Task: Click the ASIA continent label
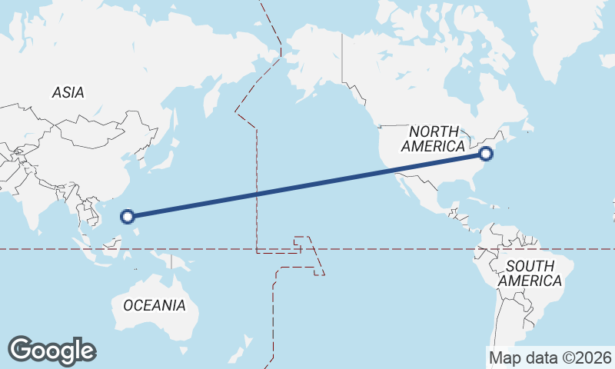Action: point(68,93)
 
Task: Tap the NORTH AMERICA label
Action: point(434,138)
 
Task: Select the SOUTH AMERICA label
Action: point(530,274)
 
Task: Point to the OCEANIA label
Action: point(154,305)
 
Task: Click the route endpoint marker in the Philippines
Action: point(128,217)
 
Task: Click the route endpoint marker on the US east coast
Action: point(486,155)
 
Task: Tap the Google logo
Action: point(52,351)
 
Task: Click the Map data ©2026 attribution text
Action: point(550,357)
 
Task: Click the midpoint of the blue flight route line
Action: point(307,185)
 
